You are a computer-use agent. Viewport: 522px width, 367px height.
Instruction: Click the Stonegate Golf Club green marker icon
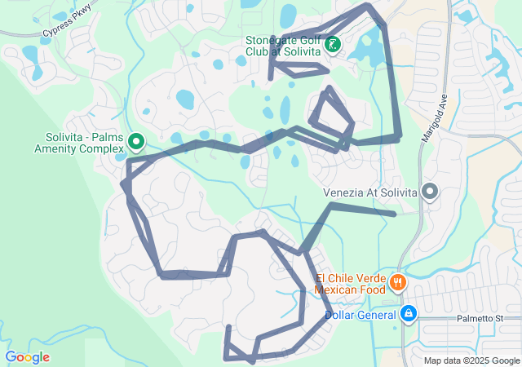(x=333, y=44)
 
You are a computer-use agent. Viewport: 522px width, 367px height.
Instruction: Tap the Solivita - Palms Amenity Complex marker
(x=136, y=143)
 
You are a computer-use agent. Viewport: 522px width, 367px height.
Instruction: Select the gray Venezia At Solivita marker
(x=430, y=192)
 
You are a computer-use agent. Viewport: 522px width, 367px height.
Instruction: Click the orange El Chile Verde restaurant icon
(x=398, y=282)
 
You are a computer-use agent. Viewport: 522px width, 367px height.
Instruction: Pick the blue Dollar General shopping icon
(x=409, y=314)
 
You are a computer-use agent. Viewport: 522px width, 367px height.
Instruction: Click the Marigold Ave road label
(x=434, y=119)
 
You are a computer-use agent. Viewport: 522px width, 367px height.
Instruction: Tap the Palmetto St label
(x=480, y=317)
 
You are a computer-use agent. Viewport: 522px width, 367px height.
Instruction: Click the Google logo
(x=27, y=357)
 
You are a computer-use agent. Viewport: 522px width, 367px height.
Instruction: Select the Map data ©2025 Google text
(x=471, y=360)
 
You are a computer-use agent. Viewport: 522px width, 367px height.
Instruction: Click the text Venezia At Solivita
(x=370, y=192)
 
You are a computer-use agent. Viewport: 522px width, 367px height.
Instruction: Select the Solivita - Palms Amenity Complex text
(x=78, y=143)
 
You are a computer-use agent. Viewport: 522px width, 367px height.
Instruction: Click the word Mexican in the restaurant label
(x=338, y=290)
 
